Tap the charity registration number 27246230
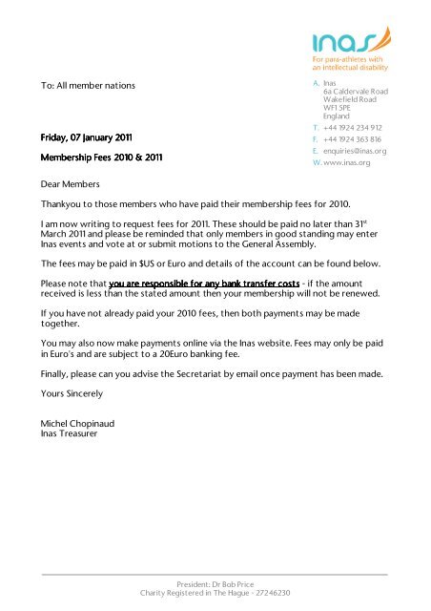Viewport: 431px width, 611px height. (268, 593)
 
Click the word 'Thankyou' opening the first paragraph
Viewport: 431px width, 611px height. (62, 205)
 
